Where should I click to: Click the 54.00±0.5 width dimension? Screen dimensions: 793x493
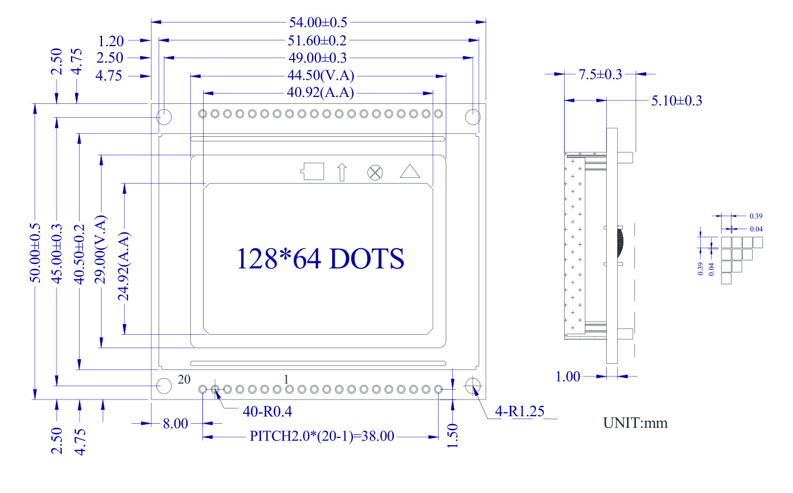[318, 23]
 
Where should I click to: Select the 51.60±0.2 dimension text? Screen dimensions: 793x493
[317, 41]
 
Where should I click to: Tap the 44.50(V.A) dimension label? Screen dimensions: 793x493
[321, 75]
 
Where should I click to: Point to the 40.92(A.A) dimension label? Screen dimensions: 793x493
[321, 92]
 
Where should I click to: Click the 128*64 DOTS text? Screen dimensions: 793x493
[320, 259]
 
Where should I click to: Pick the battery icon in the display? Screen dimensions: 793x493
[312, 171]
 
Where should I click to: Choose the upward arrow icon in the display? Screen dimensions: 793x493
[341, 172]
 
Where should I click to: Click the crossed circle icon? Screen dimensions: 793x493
[375, 173]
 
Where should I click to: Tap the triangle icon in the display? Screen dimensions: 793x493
[410, 171]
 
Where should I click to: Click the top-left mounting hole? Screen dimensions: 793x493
[164, 117]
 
